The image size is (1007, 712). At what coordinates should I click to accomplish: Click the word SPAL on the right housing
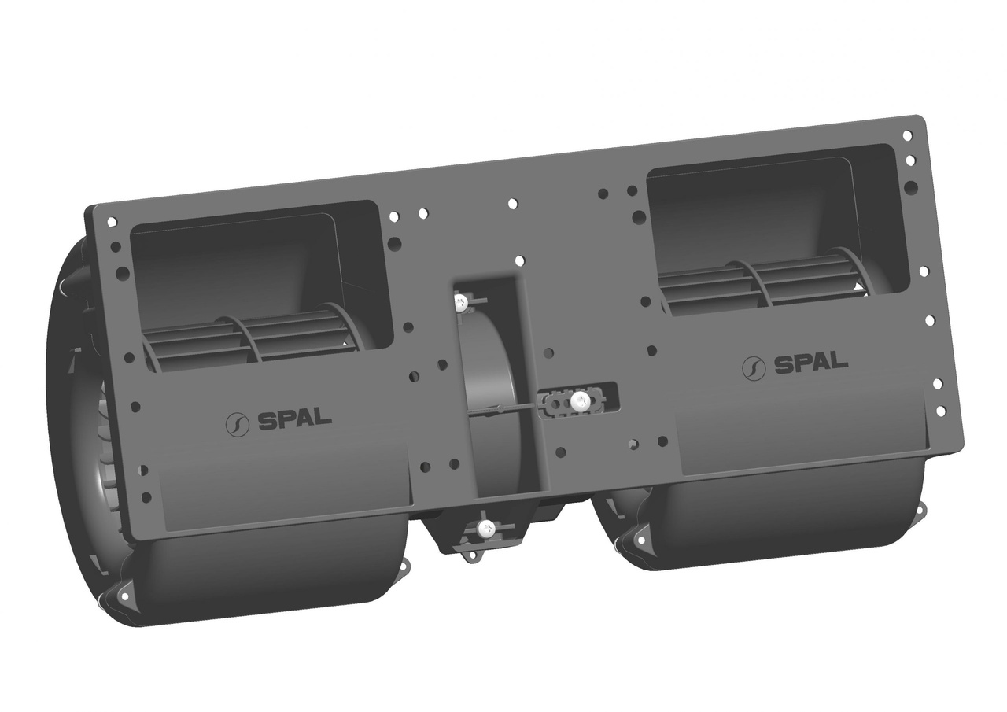click(811, 363)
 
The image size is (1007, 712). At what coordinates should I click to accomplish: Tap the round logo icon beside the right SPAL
click(754, 367)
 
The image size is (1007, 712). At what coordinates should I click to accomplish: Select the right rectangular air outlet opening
click(771, 228)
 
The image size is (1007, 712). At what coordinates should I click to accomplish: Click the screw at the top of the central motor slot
click(462, 300)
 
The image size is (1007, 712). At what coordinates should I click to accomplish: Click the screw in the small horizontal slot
click(580, 400)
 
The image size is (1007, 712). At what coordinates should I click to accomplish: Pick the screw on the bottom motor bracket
click(485, 529)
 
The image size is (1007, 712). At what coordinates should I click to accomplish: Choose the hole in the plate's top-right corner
click(906, 135)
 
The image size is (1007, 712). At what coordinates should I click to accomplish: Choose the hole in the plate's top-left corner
click(111, 223)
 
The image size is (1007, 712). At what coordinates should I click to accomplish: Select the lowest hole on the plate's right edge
click(940, 411)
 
